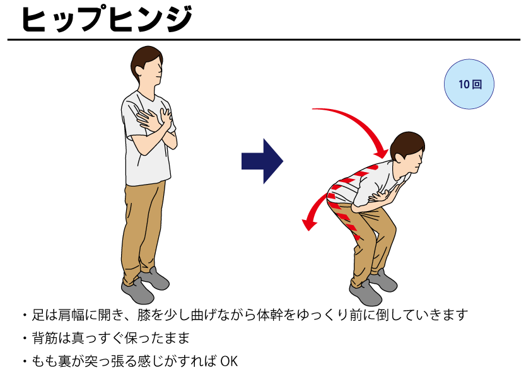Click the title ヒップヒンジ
click(x=107, y=19)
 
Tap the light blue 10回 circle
click(x=469, y=84)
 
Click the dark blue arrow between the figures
click(x=262, y=161)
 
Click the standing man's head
click(x=147, y=64)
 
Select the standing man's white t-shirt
click(x=148, y=139)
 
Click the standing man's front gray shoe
click(x=137, y=291)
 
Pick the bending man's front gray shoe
click(x=365, y=293)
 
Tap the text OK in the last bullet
click(x=230, y=361)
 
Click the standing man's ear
click(x=139, y=72)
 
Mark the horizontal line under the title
click(x=264, y=40)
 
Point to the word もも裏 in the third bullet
click(x=52, y=361)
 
